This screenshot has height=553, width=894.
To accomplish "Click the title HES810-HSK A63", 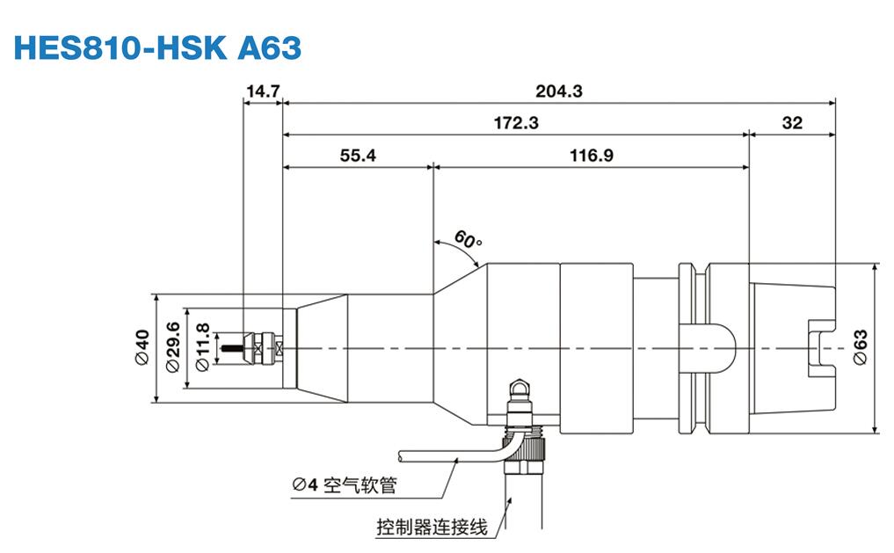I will pos(158,47).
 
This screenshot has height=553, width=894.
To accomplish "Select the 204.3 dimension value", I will pos(559,90).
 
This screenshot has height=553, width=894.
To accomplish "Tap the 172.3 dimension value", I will pos(515,123).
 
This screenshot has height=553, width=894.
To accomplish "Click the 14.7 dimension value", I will pos(262,90).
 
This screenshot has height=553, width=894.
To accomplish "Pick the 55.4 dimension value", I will pos(358,155).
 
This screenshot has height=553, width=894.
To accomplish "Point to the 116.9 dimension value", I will pos(591,155).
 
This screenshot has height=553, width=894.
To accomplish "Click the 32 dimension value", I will pos(792,123).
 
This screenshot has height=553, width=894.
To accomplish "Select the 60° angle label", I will pos(469,240).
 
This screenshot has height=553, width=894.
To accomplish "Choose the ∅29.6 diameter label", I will pos(172,348).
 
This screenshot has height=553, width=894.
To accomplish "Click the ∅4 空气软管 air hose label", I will pos(344,484).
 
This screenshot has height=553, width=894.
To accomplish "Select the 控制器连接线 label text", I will pos(431,528).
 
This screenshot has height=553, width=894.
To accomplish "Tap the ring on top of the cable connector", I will pos(520,386).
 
